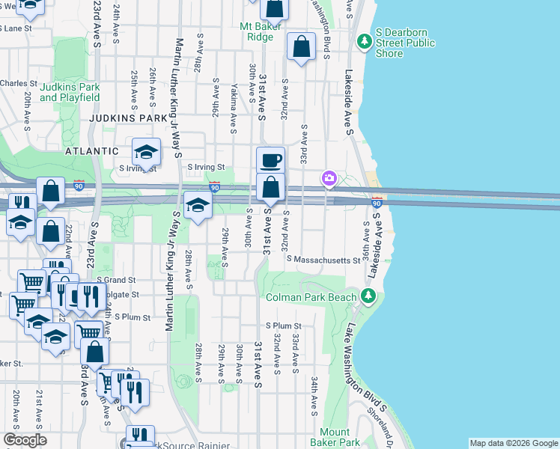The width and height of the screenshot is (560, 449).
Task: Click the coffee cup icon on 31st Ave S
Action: [270, 159]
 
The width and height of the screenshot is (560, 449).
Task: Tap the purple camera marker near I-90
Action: [329, 178]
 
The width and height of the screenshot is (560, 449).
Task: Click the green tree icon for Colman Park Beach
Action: [367, 296]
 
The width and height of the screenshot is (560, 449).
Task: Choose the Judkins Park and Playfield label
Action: [70, 92]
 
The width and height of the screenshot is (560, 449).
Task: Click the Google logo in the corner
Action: [25, 439]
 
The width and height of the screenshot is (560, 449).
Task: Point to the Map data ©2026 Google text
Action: [514, 443]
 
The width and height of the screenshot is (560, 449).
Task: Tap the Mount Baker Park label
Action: [334, 438]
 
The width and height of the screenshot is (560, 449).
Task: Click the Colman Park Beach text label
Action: [311, 297]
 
